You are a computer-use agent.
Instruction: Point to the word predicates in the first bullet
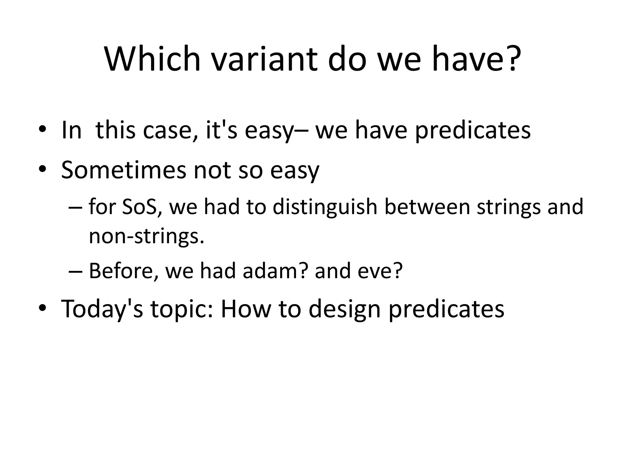(x=473, y=130)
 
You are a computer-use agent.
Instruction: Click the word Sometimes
(x=123, y=170)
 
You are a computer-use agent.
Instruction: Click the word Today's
(x=102, y=309)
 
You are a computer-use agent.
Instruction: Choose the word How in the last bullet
(x=246, y=309)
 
